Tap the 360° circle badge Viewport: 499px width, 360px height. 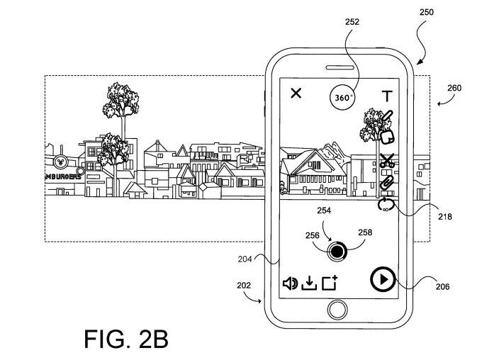coord(342,97)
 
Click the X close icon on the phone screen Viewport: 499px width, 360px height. coord(296,94)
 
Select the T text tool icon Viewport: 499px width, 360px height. coord(386,96)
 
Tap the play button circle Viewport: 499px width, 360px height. coord(381,279)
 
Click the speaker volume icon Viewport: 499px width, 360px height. coord(290,283)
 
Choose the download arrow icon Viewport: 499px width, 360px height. coord(308,283)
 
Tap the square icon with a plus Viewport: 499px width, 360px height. coord(328,283)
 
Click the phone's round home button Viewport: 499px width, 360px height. coord(338,310)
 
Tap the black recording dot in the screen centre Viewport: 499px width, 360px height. coord(338,250)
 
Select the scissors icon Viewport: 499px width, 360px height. coord(386,161)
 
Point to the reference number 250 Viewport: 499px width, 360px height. coord(427,12)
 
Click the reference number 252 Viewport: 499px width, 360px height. coord(352,21)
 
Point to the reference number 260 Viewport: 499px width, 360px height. coord(454,89)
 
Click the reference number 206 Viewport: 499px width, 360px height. coord(442,287)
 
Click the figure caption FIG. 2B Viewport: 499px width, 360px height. coord(125,337)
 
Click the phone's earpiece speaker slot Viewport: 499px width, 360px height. coord(337,67)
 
